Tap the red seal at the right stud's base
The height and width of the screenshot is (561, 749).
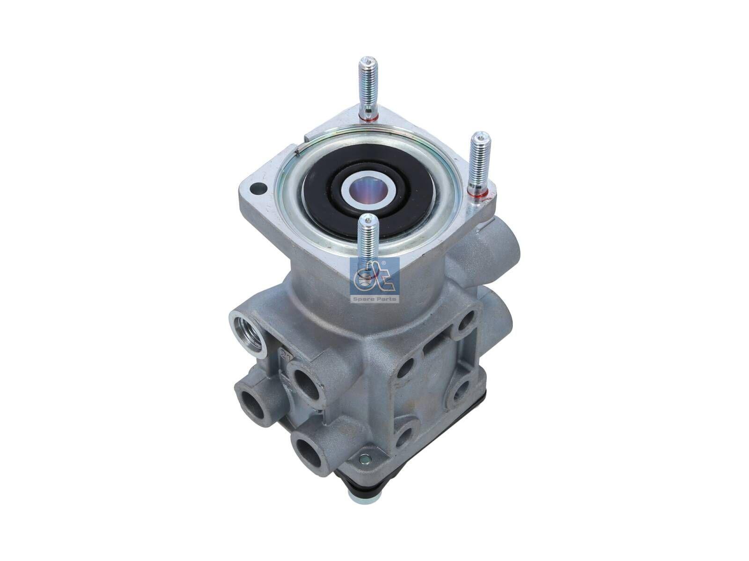pos(478,192)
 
